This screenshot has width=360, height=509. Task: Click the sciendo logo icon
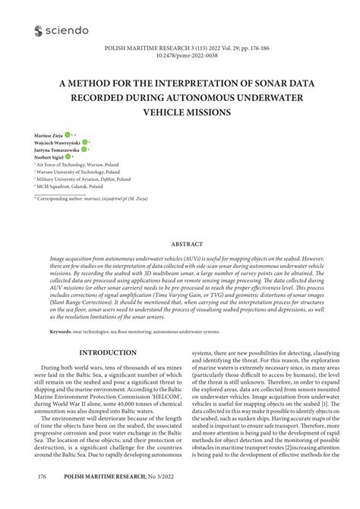coord(39,30)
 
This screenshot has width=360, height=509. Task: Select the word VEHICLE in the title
coord(190,110)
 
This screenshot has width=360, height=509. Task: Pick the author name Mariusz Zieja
coord(48,134)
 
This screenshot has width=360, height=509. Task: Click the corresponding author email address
coord(115,198)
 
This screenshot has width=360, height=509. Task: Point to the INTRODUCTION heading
coord(108,353)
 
